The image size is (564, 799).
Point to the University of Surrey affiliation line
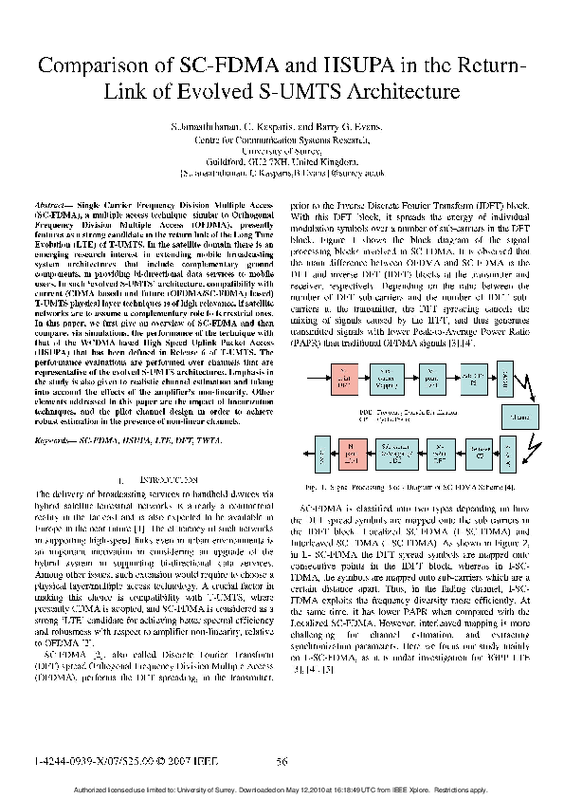282,150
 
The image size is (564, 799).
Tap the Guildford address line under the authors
282,161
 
